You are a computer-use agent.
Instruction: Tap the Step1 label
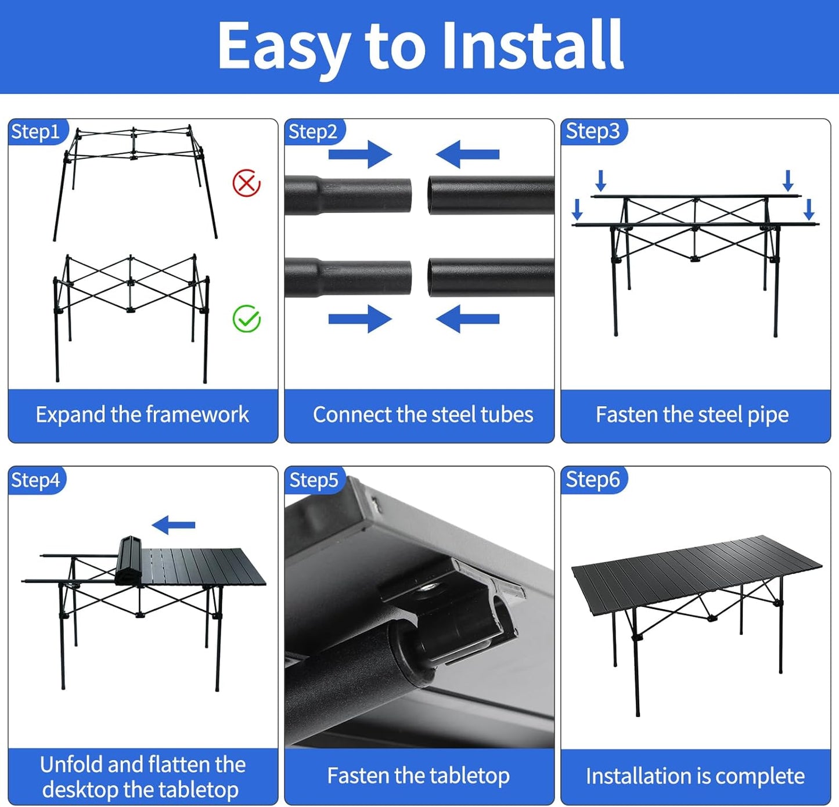pos(35,132)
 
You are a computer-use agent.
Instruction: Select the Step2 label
pos(312,132)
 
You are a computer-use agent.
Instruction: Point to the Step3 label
pos(592,131)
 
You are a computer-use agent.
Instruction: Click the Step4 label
pos(35,480)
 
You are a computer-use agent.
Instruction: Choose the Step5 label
pos(314,480)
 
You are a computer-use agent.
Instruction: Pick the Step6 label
pos(592,480)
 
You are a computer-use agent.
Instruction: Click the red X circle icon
pos(246,183)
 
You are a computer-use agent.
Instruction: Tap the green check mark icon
pos(246,319)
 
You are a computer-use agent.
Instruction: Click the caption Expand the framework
pos(142,415)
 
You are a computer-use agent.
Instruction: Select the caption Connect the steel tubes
pos(423,415)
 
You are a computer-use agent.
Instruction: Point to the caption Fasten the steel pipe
pos(692,415)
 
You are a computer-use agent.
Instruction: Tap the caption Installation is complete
pos(695,776)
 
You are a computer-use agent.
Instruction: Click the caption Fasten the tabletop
pos(418,776)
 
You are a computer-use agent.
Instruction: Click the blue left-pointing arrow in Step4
pos(174,526)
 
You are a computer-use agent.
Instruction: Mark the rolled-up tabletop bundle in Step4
pos(129,560)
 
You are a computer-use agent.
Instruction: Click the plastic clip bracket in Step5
pos(464,609)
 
